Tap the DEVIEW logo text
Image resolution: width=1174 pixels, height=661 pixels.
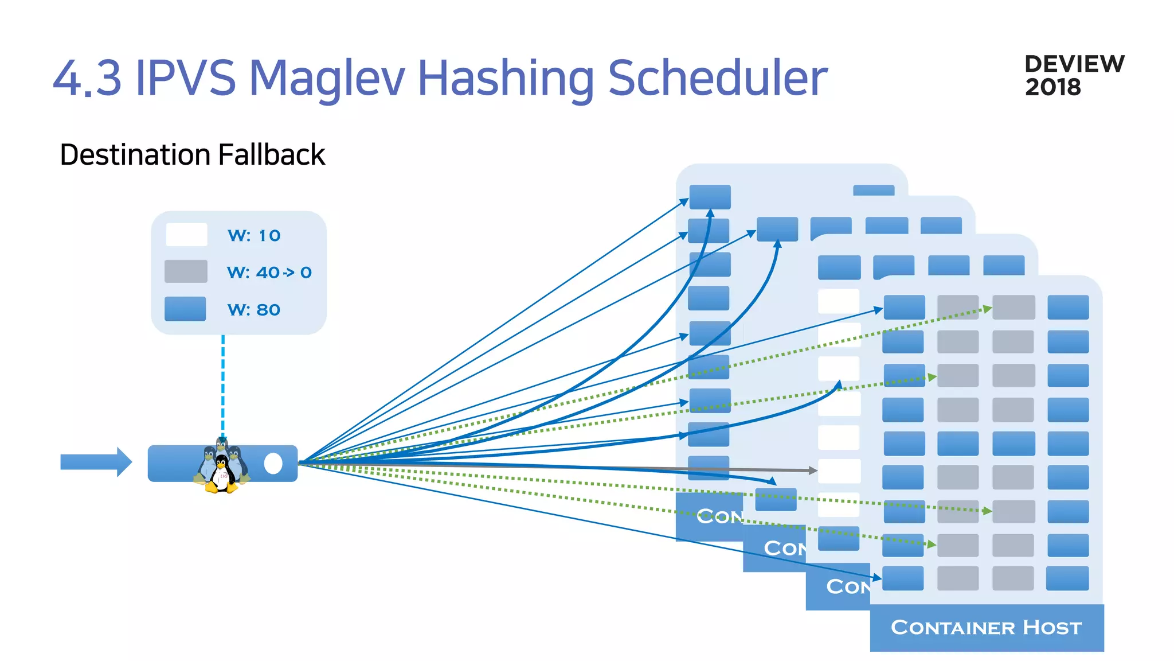click(1074, 64)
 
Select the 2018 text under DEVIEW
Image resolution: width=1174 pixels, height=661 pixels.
click(1053, 88)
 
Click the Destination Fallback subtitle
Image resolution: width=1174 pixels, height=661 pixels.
click(192, 155)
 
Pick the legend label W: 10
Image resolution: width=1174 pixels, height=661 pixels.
click(254, 236)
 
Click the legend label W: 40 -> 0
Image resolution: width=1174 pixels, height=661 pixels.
click(269, 273)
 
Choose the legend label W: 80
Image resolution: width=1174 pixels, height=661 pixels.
click(254, 310)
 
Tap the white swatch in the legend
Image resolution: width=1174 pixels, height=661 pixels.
click(186, 235)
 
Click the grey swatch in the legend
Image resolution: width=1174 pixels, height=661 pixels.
click(186, 271)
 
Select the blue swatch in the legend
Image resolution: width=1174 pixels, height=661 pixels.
click(185, 309)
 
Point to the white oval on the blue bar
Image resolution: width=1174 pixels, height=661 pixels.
click(273, 464)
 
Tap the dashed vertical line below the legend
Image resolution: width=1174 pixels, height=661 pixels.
click(223, 384)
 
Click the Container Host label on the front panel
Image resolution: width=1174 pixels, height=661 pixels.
click(986, 627)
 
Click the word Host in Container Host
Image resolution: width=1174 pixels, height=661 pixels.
click(1052, 627)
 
